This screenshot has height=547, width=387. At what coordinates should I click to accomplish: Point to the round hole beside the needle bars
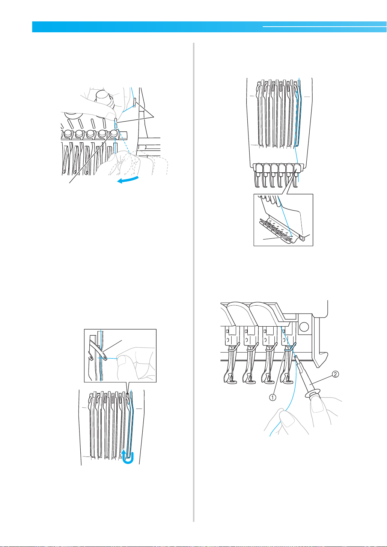click(x=304, y=327)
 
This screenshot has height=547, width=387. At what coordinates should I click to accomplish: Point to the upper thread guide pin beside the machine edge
click(x=134, y=102)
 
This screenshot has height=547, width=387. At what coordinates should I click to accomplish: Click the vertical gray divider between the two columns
click(x=194, y=282)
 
